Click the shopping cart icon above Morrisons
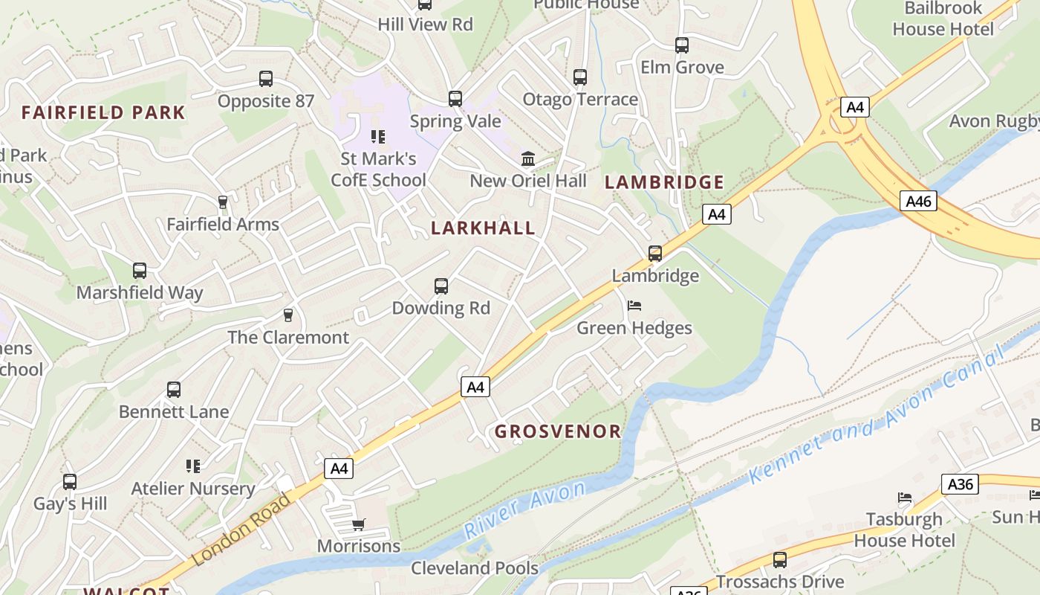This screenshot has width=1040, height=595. pyautogui.click(x=359, y=525)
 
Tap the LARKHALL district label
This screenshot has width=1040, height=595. pyautogui.click(x=483, y=228)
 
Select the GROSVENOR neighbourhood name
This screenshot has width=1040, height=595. pyautogui.click(x=558, y=431)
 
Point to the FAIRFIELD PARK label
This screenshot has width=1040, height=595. pyautogui.click(x=103, y=113)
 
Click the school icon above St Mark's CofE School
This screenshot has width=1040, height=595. pyautogui.click(x=378, y=137)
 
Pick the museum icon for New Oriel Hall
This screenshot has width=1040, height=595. pyautogui.click(x=528, y=158)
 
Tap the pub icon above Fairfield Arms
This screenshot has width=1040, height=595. pyautogui.click(x=222, y=202)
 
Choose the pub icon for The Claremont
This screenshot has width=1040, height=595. pyautogui.click(x=288, y=315)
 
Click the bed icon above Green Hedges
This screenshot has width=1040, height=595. pyautogui.click(x=634, y=306)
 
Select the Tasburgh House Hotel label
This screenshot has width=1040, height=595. pyautogui.click(x=904, y=530)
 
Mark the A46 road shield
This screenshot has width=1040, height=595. pyautogui.click(x=919, y=201)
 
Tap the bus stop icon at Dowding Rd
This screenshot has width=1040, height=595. pyautogui.click(x=441, y=286)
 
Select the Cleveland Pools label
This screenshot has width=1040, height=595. pyautogui.click(x=475, y=568)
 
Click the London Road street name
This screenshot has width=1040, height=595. pyautogui.click(x=241, y=529)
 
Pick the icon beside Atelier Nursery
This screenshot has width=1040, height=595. pyautogui.click(x=193, y=466)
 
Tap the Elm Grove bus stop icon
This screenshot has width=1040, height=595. pyautogui.click(x=682, y=45)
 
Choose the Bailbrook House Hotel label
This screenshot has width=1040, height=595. pyautogui.click(x=943, y=19)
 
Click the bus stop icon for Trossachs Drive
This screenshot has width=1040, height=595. pyautogui.click(x=780, y=560)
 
